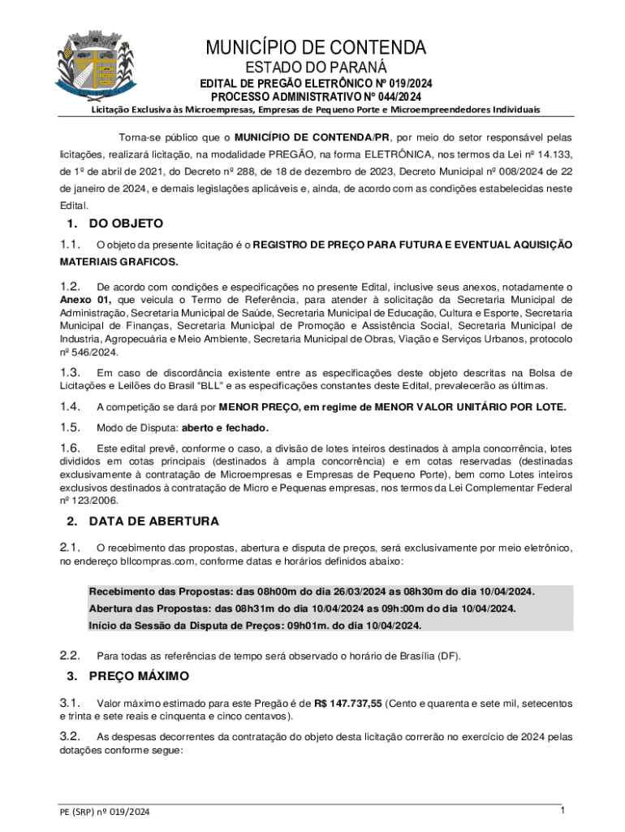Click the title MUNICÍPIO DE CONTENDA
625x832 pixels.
point(316,46)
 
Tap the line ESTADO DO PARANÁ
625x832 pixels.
point(316,67)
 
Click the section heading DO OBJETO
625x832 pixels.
point(126,223)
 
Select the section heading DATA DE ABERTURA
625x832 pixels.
point(153,521)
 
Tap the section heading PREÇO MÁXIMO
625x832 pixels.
point(139,676)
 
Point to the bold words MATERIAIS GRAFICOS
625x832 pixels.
point(119,262)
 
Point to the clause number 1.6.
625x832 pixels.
point(70,448)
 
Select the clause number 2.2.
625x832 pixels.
point(70,656)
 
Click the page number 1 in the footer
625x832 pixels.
point(562,811)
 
